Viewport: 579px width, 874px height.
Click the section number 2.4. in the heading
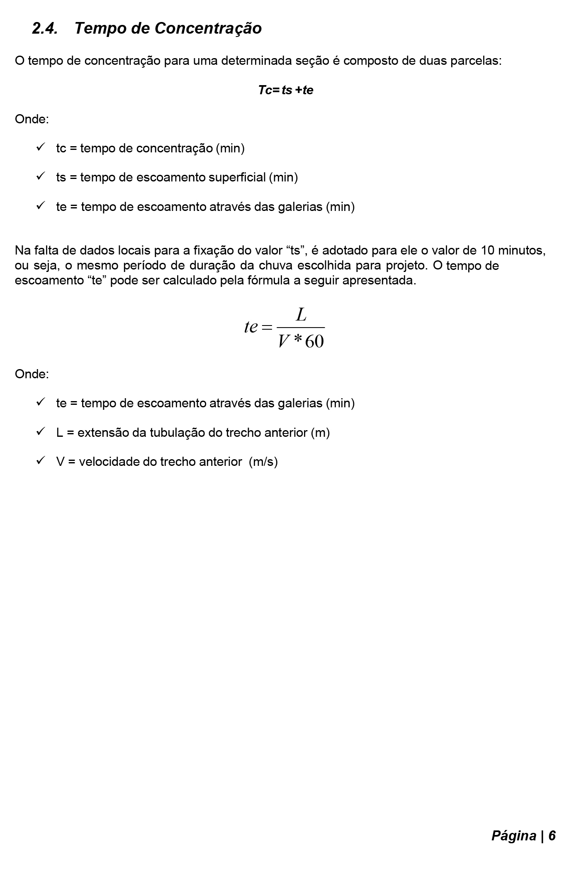coord(45,29)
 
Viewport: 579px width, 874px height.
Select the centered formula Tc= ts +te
coord(285,90)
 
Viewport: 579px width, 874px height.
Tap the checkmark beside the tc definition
coord(41,147)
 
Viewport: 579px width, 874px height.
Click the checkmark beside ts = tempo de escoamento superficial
coord(41,176)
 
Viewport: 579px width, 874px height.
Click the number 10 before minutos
coord(487,250)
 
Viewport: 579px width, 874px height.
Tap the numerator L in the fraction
coord(301,315)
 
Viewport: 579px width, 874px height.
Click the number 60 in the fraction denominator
coord(314,341)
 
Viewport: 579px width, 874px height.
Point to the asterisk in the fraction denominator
coord(297,340)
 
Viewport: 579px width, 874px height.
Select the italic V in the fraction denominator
coord(284,341)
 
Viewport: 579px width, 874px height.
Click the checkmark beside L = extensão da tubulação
coord(41,432)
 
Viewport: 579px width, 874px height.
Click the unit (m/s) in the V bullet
coord(263,462)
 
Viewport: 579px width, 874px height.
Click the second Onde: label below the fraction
coord(32,374)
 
